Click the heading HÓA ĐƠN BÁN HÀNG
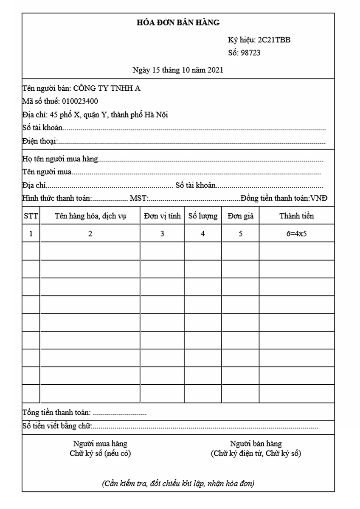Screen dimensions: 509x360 pyautogui.click(x=178, y=23)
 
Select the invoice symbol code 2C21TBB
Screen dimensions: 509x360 pyautogui.click(x=274, y=40)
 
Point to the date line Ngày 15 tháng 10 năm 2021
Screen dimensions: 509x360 pyautogui.click(x=178, y=70)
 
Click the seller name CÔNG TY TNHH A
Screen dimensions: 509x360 pyautogui.click(x=107, y=89)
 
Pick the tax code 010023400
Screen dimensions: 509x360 pyautogui.click(x=80, y=101)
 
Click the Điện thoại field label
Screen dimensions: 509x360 pyautogui.click(x=39, y=141)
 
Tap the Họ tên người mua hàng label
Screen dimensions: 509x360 pyautogui.click(x=60, y=159)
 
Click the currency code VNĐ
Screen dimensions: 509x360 pyautogui.click(x=319, y=198)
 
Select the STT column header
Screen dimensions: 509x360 pyautogui.click(x=31, y=216)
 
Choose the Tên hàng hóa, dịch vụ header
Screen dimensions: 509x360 pyautogui.click(x=90, y=216)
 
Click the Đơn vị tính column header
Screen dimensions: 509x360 pyautogui.click(x=162, y=216)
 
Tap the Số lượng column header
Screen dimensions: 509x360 pyautogui.click(x=203, y=216)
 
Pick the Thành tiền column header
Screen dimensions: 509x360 pyautogui.click(x=296, y=216)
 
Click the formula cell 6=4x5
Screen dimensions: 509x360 pyautogui.click(x=296, y=234)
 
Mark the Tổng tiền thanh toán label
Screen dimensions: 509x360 pyautogui.click(x=56, y=412)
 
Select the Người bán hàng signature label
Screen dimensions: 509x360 pyautogui.click(x=256, y=444)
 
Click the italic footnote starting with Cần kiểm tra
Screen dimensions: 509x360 pyautogui.click(x=178, y=483)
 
